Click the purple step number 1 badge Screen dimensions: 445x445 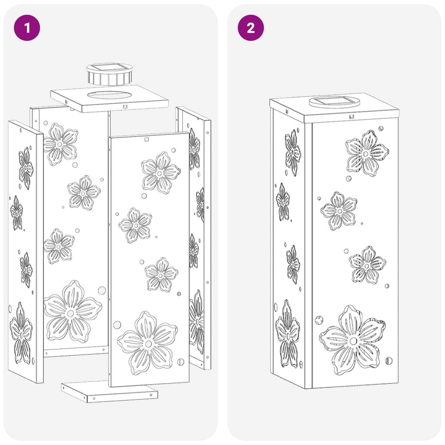27,28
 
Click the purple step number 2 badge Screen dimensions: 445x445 251,28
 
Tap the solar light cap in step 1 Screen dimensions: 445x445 109,74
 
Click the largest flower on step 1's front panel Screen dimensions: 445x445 148,343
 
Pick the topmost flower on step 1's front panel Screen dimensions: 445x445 161,173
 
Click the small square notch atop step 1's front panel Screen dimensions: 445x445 146,139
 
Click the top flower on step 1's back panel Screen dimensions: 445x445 60,144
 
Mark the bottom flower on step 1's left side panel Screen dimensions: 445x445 21,333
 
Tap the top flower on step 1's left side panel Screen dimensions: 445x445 26,168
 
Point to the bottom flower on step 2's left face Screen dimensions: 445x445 287,334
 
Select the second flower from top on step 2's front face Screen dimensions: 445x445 339,211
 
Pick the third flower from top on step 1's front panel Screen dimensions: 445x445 161,275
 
